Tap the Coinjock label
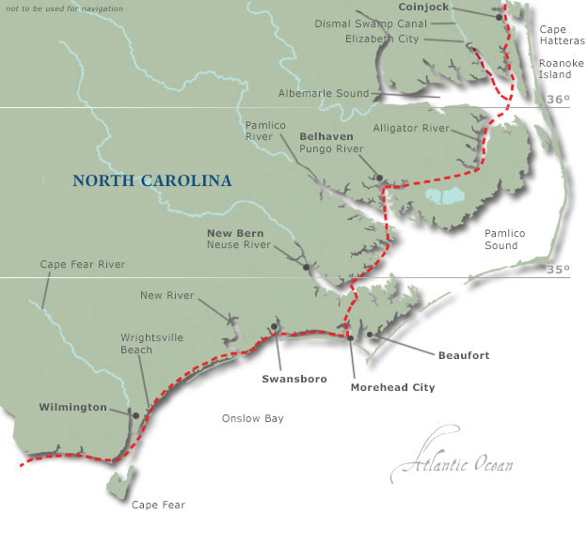423,7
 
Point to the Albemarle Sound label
324,93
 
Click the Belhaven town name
326,136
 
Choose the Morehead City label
392,386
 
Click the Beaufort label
464,356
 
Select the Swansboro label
294,379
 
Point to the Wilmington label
72,408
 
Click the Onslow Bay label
252,418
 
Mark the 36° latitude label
559,100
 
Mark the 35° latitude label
559,270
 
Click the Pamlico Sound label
501,239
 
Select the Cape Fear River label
83,265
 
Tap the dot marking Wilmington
136,414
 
